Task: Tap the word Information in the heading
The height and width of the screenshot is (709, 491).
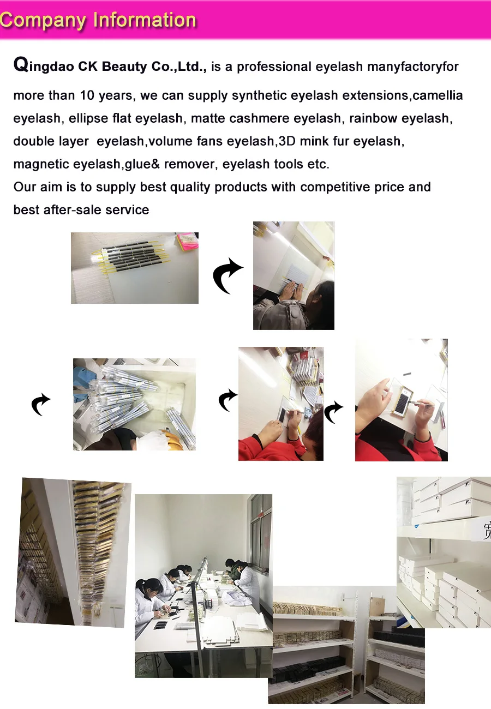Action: tap(145, 20)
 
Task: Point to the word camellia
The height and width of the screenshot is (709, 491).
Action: tap(438, 95)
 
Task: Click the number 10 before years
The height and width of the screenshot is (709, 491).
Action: tap(87, 95)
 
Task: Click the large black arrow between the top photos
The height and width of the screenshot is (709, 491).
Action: tap(227, 275)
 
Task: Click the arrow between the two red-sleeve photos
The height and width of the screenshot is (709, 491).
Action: tap(333, 412)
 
